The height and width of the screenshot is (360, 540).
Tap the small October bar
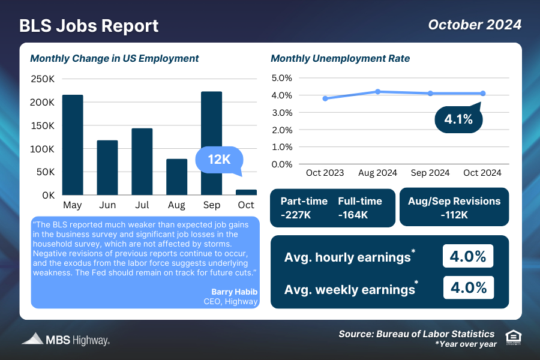[246, 192]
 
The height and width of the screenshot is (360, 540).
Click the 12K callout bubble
[220, 160]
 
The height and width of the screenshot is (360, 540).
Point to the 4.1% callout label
[458, 119]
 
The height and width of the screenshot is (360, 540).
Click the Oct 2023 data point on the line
[325, 98]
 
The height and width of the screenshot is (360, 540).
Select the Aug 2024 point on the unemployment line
[378, 92]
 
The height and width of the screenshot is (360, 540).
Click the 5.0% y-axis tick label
[281, 78]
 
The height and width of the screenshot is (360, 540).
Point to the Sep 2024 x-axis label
[430, 173]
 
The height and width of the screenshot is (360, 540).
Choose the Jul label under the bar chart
[142, 206]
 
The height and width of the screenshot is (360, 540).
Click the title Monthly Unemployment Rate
[340, 59]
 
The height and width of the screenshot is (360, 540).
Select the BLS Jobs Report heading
[89, 26]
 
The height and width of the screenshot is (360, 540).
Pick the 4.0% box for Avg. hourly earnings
[468, 256]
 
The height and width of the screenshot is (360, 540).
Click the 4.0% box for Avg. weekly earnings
[468, 287]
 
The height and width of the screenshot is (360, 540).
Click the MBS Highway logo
[66, 339]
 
